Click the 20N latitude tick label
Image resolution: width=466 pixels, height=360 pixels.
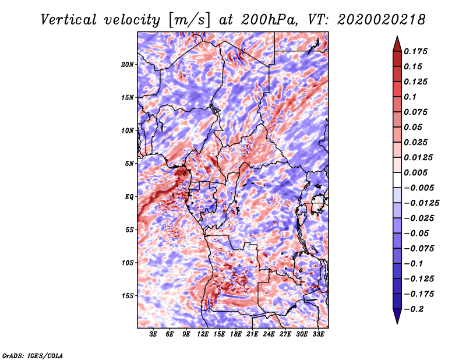[128, 64]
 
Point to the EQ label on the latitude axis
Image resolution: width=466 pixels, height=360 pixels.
[129, 197]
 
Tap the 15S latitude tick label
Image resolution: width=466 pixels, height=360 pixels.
[128, 296]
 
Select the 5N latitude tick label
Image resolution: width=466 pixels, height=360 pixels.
[129, 164]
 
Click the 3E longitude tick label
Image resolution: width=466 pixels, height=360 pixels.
[153, 334]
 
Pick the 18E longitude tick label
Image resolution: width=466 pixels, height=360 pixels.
[235, 334]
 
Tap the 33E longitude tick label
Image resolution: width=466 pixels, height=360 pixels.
[318, 334]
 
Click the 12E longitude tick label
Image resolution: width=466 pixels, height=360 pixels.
[202, 334]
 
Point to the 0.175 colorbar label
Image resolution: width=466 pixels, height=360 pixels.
[415, 51]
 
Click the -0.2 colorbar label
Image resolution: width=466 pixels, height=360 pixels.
[414, 309]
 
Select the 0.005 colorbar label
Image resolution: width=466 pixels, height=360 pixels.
[415, 172]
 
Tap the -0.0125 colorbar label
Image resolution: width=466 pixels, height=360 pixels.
[421, 203]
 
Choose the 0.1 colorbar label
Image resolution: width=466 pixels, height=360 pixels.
[410, 97]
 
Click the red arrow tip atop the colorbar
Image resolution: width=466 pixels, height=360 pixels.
[397, 36]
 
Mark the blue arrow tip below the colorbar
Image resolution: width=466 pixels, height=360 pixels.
[397, 323]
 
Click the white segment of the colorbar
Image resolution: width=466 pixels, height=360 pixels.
[397, 180]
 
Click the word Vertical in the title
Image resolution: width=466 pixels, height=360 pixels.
[69, 20]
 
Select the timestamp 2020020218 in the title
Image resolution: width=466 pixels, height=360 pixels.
[382, 20]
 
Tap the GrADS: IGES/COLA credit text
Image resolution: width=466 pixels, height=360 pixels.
[33, 355]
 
